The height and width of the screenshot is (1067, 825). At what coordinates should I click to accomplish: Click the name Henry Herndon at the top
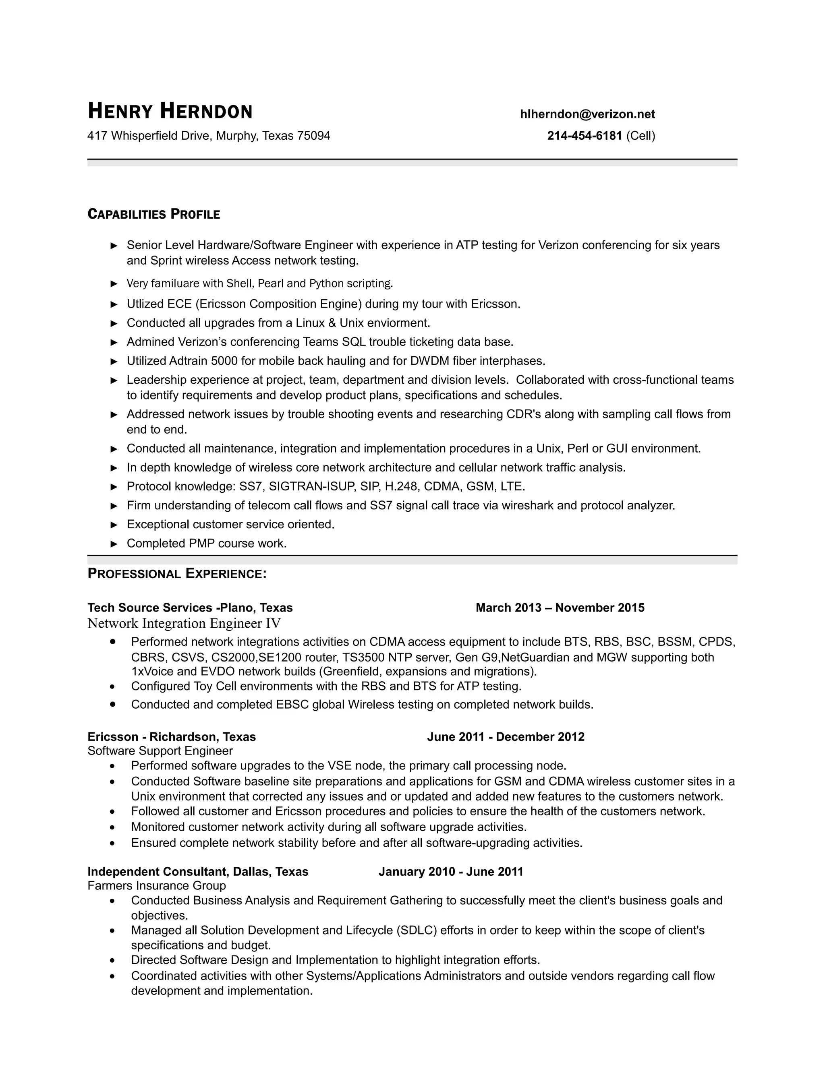point(170,112)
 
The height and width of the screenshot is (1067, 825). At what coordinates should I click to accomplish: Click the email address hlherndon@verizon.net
point(587,114)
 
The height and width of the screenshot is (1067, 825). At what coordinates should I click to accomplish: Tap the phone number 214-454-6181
point(584,136)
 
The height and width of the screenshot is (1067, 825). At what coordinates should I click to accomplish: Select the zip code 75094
point(313,136)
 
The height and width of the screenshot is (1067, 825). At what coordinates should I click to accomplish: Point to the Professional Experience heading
point(177,573)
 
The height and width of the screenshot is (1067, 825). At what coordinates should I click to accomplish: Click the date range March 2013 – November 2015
point(560,608)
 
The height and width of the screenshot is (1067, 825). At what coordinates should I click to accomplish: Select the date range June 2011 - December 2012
point(506,737)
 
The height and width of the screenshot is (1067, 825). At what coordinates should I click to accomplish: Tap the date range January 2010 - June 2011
point(451,872)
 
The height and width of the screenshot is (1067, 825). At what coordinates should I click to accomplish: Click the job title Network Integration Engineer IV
point(184,623)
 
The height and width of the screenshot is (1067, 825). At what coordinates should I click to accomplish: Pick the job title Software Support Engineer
point(160,751)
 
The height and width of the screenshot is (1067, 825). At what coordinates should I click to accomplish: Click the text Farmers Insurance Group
point(156,886)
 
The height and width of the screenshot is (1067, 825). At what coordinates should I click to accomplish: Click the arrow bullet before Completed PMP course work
point(114,544)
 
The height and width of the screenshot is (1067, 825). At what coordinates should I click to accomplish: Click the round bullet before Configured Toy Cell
point(113,687)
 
